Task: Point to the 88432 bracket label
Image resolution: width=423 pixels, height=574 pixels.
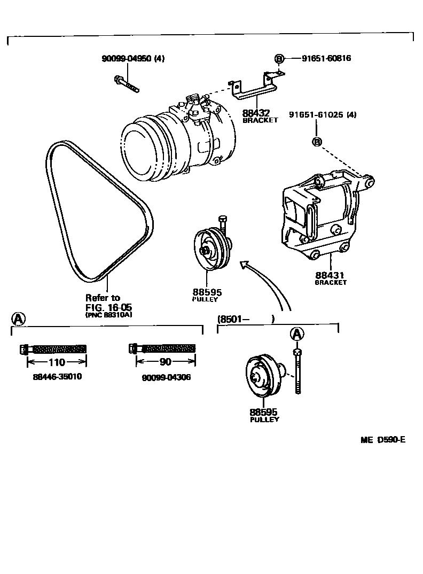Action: (x=256, y=113)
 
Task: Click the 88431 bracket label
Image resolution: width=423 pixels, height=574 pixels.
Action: (x=330, y=275)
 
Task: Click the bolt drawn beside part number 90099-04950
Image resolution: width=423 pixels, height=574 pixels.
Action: (x=126, y=84)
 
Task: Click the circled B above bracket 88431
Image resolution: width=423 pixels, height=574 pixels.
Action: (x=316, y=142)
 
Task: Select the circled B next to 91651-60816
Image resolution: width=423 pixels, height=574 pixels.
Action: (x=278, y=58)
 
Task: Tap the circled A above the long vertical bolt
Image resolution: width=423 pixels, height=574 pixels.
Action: (x=297, y=334)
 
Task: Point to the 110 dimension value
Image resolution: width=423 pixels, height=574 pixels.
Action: (x=53, y=362)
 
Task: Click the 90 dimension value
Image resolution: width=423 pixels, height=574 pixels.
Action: (x=166, y=362)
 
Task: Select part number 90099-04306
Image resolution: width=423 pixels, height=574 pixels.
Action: (x=166, y=377)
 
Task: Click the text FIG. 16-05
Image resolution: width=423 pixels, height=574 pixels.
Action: (x=108, y=307)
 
